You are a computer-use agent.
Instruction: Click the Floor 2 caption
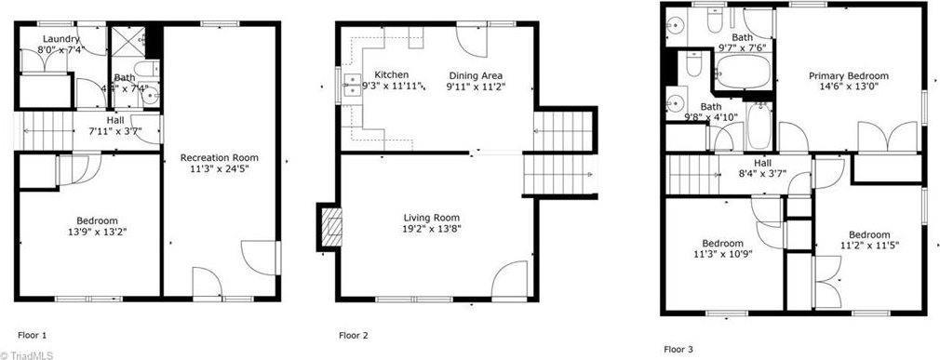tap(354, 335)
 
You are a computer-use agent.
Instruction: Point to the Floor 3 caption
tap(678, 350)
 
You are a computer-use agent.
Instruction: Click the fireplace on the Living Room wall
tap(329, 225)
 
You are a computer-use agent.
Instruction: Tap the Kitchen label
tap(391, 74)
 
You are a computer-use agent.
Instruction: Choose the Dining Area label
tap(477, 74)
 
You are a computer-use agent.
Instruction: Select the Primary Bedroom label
tap(848, 76)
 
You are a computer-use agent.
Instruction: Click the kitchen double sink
tap(353, 85)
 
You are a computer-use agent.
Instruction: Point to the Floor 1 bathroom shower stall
tap(125, 43)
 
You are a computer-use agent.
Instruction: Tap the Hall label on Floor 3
tap(761, 162)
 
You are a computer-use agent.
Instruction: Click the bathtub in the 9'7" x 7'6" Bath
tap(743, 70)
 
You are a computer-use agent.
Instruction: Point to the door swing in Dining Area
tap(470, 38)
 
